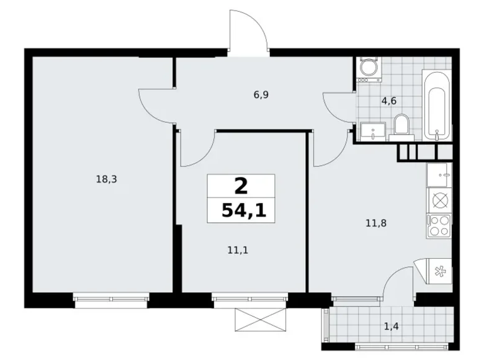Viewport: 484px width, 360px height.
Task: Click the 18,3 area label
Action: coord(107,179)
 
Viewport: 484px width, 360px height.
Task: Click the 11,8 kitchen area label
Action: coord(376,222)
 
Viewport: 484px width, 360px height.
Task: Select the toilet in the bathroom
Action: coord(401,124)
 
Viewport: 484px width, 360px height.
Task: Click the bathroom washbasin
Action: coord(372,130)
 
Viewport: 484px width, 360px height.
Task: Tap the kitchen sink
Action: coord(439,175)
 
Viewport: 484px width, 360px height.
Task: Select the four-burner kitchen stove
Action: coord(439,225)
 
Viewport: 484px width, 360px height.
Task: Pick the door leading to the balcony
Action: coord(398,283)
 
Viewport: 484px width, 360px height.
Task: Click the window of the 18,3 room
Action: coord(110,300)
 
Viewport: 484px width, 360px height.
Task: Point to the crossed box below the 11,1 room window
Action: coord(259,321)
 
